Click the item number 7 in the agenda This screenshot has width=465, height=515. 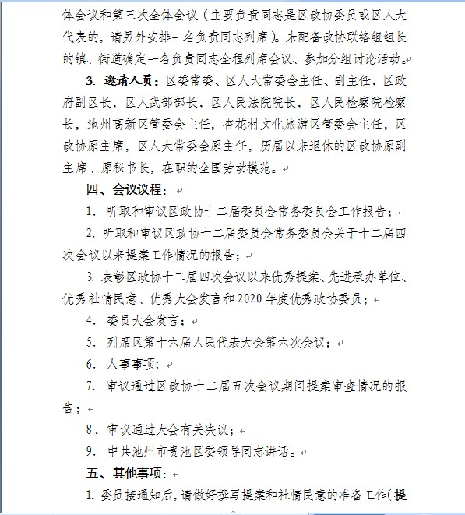tap(91, 386)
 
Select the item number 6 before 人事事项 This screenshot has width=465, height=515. tap(91, 364)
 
